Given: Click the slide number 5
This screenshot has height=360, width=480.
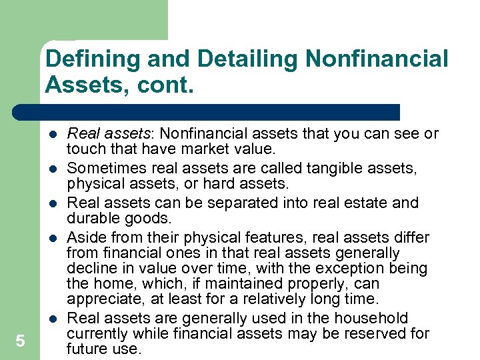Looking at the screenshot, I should (20, 341).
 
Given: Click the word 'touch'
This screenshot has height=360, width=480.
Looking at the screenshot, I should (85, 150).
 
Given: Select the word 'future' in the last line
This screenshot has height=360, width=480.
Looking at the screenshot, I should (86, 349).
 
